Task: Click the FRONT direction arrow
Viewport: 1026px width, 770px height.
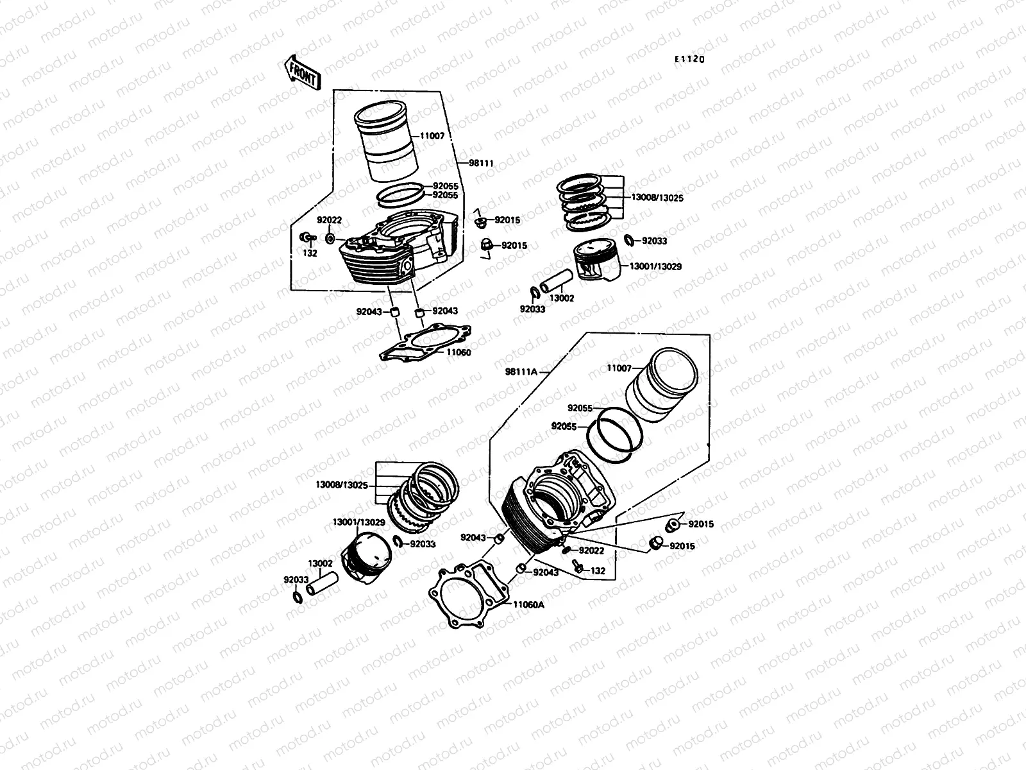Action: (x=301, y=71)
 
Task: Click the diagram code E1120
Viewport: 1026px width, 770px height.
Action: (x=689, y=59)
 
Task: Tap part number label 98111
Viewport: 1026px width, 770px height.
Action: (x=481, y=164)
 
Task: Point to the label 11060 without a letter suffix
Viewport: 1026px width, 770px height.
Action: (x=458, y=352)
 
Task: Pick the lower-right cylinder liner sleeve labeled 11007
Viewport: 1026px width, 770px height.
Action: (x=664, y=385)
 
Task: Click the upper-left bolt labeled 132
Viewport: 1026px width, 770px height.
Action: (x=307, y=239)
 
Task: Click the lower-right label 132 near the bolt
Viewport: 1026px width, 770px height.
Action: (x=598, y=570)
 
